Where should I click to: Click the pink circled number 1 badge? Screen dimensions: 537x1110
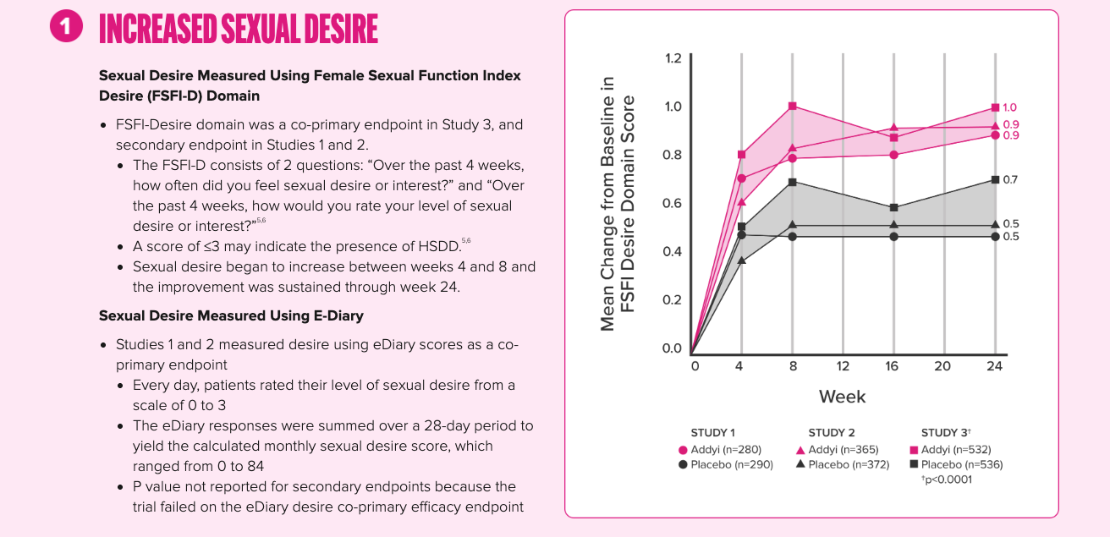tap(66, 27)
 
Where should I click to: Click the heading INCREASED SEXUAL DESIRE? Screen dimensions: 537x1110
tap(238, 30)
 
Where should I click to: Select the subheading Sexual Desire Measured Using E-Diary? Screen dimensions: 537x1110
tap(231, 315)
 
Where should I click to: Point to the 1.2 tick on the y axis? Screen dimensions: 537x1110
tap(673, 58)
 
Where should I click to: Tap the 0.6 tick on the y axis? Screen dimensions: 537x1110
tap(673, 203)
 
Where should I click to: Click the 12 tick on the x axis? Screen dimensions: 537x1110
tap(843, 366)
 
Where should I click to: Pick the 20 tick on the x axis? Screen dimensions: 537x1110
tap(942, 366)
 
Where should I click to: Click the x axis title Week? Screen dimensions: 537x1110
tap(842, 397)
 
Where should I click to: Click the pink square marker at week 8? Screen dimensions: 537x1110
tap(793, 106)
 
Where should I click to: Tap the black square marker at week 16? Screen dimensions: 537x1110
tap(894, 207)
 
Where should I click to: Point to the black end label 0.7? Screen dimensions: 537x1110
tap(1010, 179)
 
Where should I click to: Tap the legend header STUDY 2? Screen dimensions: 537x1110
tap(831, 433)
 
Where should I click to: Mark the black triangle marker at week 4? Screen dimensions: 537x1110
tap(742, 260)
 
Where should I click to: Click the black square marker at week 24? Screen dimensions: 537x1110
tap(995, 179)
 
